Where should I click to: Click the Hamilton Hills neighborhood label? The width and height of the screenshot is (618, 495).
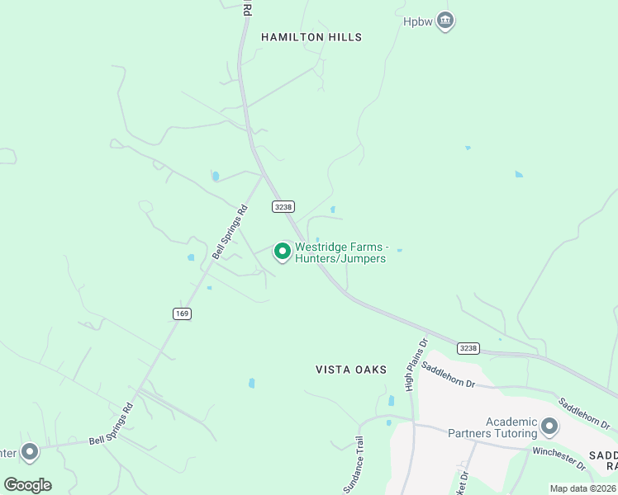click(x=311, y=37)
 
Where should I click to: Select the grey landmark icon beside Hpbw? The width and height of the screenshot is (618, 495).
click(x=445, y=20)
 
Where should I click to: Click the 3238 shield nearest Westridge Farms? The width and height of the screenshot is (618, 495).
click(x=283, y=206)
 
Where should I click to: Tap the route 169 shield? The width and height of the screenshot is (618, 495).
click(x=182, y=313)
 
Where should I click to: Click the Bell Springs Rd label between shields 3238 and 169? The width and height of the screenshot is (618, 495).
click(x=231, y=232)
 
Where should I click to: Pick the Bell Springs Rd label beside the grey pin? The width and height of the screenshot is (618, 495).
click(x=111, y=422)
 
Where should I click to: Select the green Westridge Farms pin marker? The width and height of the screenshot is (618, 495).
click(x=283, y=250)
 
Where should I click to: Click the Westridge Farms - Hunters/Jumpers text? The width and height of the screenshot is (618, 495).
click(x=340, y=252)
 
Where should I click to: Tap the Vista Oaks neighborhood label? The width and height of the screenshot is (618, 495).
click(x=351, y=370)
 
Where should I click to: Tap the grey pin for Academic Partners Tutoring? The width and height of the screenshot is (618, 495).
click(x=549, y=427)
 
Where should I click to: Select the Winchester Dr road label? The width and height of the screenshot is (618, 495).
click(x=559, y=459)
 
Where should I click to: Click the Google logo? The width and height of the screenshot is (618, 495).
click(x=27, y=484)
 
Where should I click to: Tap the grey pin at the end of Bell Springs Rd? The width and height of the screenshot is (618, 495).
click(x=31, y=451)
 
